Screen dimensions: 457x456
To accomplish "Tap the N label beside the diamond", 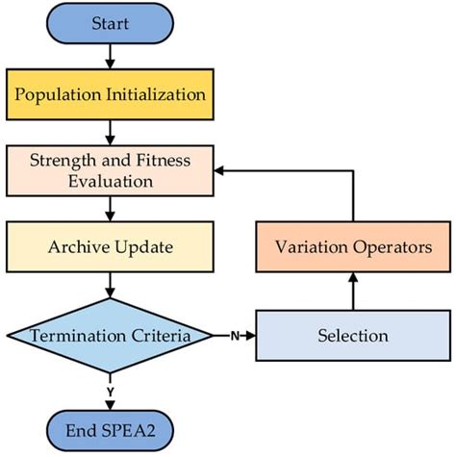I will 234,336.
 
